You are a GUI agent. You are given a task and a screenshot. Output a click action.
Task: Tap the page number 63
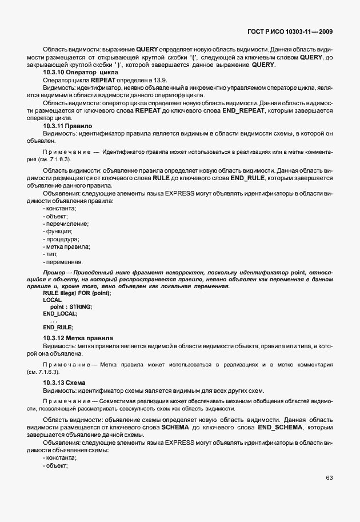point(329,478)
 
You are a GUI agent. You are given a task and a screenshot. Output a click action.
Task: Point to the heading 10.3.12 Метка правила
point(78,338)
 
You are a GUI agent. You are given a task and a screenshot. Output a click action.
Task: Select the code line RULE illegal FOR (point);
point(77,293)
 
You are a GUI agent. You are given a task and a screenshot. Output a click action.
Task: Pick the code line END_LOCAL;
point(60,314)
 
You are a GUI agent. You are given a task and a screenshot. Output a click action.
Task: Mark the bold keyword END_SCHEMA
point(280,428)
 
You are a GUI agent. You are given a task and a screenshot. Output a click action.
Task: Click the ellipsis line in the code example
point(54,321)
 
